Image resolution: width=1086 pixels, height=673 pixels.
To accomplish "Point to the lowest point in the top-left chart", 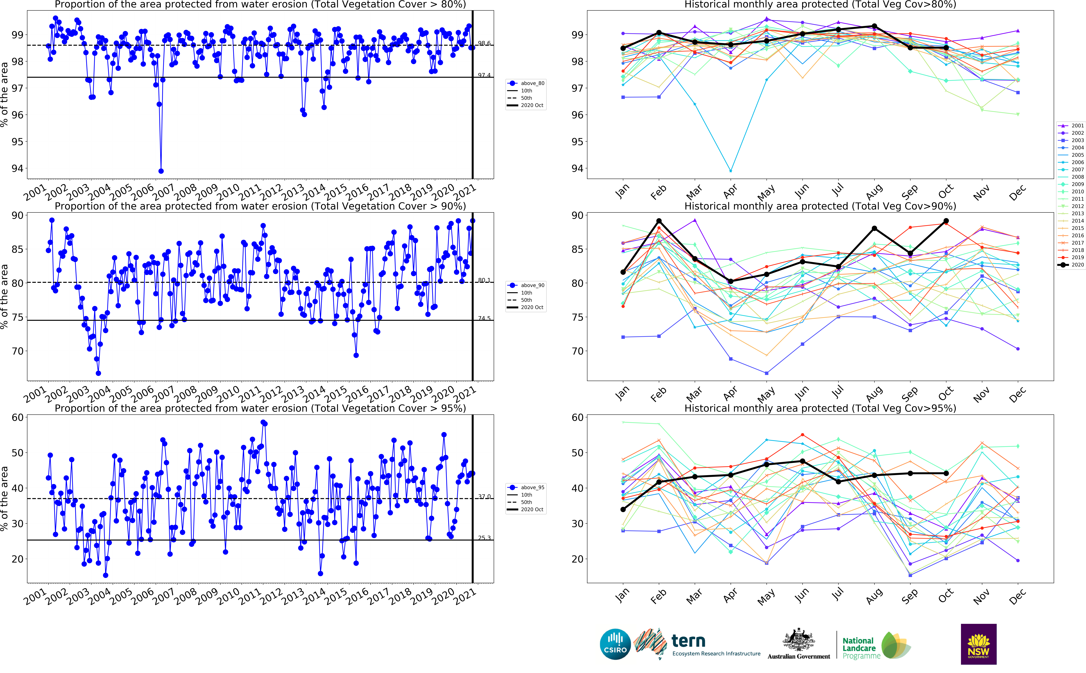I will point(161,171).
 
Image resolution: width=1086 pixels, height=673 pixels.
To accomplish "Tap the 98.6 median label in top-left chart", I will point(484,43).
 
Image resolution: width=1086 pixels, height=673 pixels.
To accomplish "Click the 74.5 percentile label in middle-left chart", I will point(484,318).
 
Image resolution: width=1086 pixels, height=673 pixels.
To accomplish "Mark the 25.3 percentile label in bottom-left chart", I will point(484,538).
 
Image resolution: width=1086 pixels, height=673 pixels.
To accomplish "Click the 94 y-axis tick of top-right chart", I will point(577,168).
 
